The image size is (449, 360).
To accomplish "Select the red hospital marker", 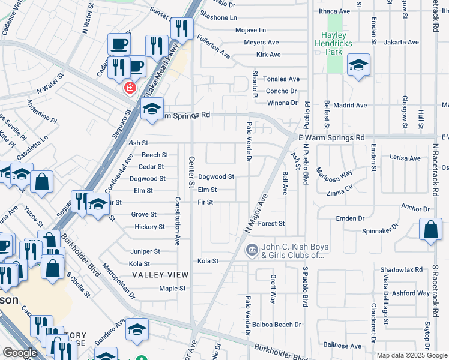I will (129, 88).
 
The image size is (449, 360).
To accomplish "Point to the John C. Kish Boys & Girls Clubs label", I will (292, 251).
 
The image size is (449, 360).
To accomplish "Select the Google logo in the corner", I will (20, 353).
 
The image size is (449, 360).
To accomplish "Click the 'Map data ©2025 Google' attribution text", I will (412, 355).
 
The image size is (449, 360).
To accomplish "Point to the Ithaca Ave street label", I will (335, 11).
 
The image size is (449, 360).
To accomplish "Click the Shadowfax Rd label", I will (402, 269).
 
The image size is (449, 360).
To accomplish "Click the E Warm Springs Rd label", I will (331, 137).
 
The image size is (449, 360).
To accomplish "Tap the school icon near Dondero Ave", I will (137, 329).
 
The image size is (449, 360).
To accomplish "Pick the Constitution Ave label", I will (178, 221).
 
